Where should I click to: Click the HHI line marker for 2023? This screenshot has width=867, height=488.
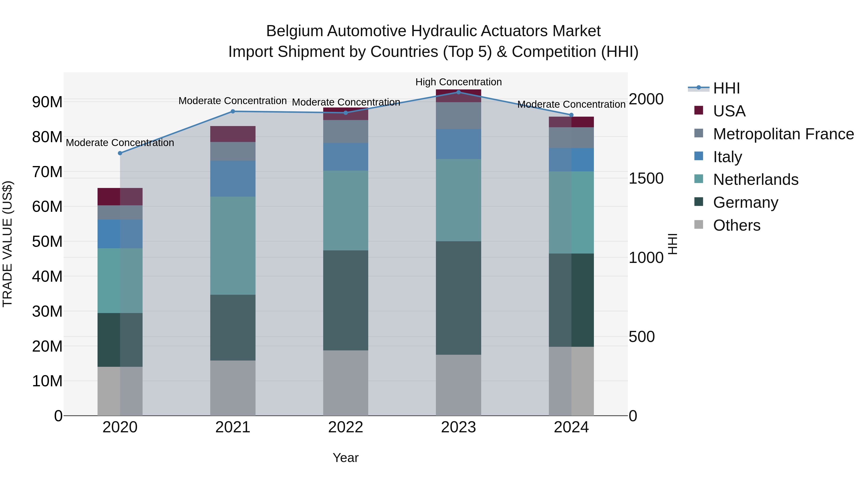(458, 92)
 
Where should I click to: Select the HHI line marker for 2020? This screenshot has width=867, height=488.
(120, 153)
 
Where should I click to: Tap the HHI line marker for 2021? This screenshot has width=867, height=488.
(233, 112)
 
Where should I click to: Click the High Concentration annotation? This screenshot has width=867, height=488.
(458, 82)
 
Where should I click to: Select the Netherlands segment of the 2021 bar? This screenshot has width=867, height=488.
(233, 246)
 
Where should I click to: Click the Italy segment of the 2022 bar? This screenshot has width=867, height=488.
(346, 157)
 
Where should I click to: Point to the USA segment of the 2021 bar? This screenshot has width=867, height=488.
(233, 134)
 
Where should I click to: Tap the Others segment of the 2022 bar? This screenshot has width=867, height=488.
(346, 383)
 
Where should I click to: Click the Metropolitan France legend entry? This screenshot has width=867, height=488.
(783, 134)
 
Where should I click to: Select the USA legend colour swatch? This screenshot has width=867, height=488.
(699, 110)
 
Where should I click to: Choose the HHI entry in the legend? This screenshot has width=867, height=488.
(726, 88)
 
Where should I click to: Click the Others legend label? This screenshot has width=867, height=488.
(737, 225)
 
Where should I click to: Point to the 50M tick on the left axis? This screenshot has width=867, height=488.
(47, 241)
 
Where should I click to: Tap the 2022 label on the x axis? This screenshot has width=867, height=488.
(346, 427)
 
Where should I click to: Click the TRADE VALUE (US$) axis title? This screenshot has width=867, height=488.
(8, 244)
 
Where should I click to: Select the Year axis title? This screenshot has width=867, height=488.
(346, 458)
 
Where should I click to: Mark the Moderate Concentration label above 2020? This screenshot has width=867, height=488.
(120, 143)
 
